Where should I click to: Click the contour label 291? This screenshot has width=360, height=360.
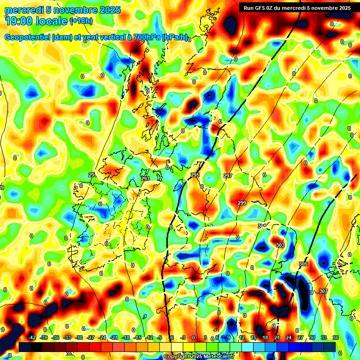(x=92, y=175)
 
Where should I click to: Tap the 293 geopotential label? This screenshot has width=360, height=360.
(x=145, y=179)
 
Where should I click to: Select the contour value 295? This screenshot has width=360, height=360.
(x=195, y=175)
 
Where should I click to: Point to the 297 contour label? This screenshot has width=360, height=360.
(x=228, y=176)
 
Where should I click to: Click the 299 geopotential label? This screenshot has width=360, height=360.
(x=242, y=203)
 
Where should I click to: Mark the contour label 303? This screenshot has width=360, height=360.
(x=280, y=245)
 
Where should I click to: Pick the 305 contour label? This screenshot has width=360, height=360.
(x=303, y=264)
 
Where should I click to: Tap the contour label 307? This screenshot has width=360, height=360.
(x=323, y=291)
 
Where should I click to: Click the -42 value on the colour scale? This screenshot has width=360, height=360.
(x=32, y=337)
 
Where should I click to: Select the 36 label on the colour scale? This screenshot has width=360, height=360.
(x=336, y=337)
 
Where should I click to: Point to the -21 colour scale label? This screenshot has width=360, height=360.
(x=114, y=337)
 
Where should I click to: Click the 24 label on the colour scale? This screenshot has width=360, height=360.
(x=289, y=337)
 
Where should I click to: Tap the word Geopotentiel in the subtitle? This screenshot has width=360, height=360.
(x=27, y=37)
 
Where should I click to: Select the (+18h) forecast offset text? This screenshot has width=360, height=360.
(x=81, y=21)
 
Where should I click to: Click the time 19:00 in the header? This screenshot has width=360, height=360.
(x=18, y=20)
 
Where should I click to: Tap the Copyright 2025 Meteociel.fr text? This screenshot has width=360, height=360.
(x=198, y=357)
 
